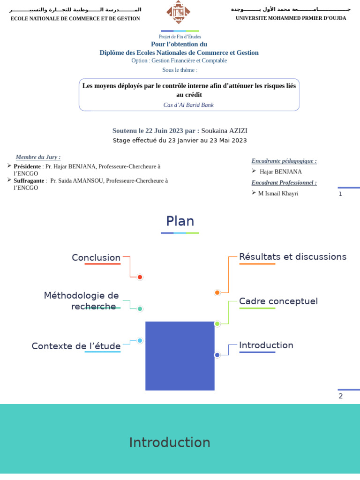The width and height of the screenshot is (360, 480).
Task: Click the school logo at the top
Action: click(178, 12)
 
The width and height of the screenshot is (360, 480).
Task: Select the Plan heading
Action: click(180, 221)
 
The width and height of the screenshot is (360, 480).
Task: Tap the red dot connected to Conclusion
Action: click(140, 277)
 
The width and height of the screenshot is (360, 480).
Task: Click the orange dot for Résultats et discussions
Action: click(217, 292)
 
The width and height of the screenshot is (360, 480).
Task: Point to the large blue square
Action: click(180, 356)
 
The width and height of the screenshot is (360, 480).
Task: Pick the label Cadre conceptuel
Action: click(278, 301)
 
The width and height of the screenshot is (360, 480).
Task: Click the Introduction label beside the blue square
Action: click(266, 345)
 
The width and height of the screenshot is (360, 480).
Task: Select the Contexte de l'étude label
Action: click(76, 346)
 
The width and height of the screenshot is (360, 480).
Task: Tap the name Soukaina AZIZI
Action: click(224, 131)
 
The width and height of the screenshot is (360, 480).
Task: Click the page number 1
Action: click(340, 194)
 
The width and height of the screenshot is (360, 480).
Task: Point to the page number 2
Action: click(341, 396)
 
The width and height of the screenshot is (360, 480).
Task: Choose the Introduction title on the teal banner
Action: click(170, 442)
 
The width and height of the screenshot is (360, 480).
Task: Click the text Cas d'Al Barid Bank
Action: click(188, 105)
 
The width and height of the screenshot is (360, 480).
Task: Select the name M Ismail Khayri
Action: click(278, 194)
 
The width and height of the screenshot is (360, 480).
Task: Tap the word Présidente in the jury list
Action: click(27, 166)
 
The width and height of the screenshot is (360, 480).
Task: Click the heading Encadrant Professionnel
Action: click(284, 183)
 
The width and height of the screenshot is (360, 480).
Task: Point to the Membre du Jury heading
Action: click(38, 157)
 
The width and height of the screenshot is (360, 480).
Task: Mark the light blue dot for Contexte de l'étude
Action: click(140, 341)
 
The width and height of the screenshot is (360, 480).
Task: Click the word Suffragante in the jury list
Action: click(29, 180)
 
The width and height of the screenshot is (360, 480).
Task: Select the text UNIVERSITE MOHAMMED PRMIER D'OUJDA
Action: click(291, 18)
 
